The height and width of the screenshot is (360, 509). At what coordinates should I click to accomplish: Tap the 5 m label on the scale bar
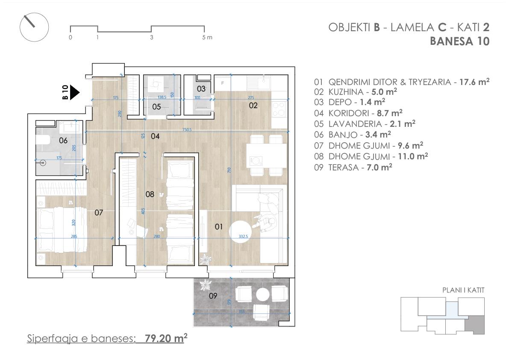[x=207, y=37]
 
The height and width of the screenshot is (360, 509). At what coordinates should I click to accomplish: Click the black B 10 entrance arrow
[x=75, y=92]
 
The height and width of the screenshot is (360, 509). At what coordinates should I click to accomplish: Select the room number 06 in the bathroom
[x=63, y=140]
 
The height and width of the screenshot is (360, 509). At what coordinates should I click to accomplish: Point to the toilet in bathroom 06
[x=43, y=140]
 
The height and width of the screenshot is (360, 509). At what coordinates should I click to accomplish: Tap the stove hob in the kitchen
[x=279, y=109]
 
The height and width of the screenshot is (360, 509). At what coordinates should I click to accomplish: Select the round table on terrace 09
[x=262, y=295]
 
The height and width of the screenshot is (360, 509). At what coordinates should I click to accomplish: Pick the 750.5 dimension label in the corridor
[x=187, y=130]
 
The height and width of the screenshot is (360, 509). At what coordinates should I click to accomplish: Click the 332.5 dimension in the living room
[x=243, y=237]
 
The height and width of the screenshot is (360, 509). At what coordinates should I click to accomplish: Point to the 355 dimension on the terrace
[x=241, y=312]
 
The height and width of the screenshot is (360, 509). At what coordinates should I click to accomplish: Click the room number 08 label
[x=150, y=194]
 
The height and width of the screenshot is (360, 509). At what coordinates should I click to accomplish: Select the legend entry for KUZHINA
[x=356, y=92]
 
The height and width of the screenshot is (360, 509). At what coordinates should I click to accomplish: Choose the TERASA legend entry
[x=353, y=167]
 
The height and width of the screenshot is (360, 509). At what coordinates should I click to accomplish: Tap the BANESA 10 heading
[x=460, y=41]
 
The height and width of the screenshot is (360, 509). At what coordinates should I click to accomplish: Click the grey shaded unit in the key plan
[x=474, y=325]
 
